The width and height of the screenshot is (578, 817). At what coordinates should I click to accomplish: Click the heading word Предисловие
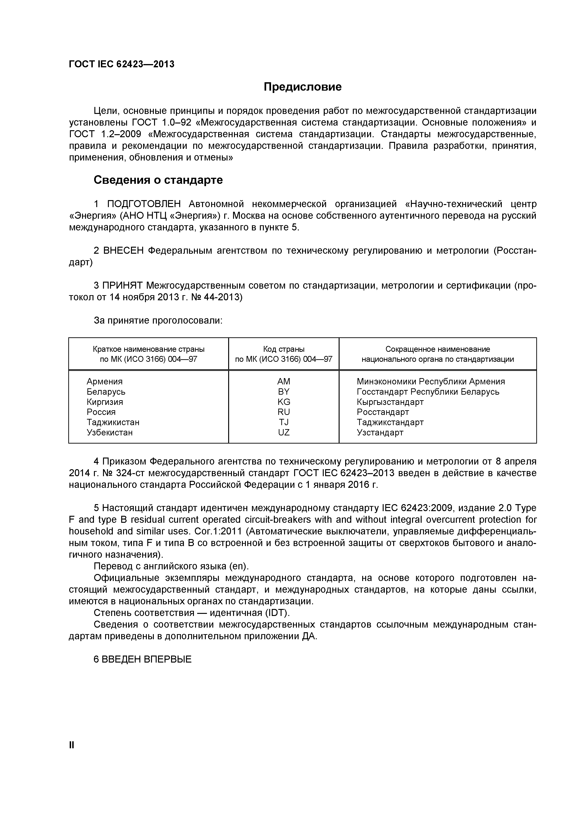[303, 87]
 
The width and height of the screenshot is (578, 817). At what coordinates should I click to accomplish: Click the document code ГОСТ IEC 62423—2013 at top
[121, 64]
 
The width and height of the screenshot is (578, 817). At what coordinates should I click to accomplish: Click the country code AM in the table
[284, 381]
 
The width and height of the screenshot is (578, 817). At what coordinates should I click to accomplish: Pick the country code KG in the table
[284, 402]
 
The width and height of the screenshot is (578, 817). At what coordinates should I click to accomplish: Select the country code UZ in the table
[284, 432]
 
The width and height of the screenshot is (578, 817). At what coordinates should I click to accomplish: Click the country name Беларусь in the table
[106, 392]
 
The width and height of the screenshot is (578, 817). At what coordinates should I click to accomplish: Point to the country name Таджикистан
[113, 422]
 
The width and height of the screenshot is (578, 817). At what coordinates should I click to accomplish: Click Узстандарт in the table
[380, 433]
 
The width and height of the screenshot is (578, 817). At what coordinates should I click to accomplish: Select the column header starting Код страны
[284, 354]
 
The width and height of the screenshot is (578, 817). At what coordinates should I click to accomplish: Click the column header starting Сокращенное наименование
[438, 354]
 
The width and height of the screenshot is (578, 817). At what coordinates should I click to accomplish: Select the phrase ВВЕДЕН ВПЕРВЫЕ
[146, 659]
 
